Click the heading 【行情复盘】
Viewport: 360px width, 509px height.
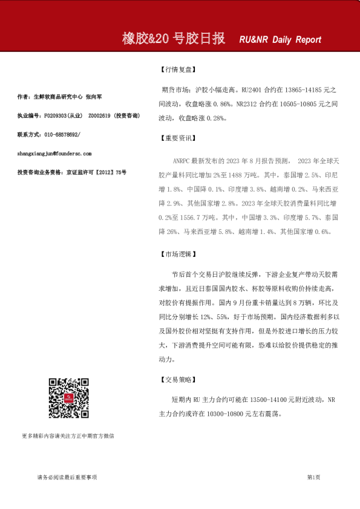click(176, 70)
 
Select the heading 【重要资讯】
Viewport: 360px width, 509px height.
click(176, 138)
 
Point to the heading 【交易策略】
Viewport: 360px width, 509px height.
click(176, 380)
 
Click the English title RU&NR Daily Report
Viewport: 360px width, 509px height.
click(280, 40)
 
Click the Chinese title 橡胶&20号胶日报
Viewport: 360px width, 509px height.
click(174, 39)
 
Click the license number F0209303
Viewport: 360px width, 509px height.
click(52, 115)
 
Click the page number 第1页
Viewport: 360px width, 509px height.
click(313, 477)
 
